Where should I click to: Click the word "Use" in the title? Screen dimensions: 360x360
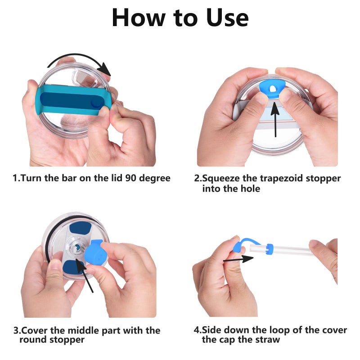220,18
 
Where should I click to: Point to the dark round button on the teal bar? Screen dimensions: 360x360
95,103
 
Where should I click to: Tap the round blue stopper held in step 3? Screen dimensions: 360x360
96,255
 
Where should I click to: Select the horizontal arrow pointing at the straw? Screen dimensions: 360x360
238,259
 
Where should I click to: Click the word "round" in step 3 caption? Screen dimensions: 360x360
32,340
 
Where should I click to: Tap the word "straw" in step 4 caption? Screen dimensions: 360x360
266,340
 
